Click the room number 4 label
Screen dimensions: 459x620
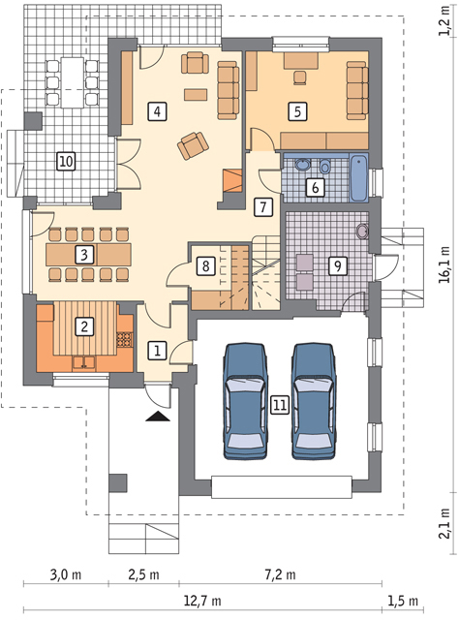(157, 111)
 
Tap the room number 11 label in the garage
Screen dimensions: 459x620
(280, 405)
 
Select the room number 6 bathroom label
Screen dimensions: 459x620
(315, 187)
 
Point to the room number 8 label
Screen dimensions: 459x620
(205, 265)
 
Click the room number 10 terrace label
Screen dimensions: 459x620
(66, 162)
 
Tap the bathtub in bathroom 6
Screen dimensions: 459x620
(359, 177)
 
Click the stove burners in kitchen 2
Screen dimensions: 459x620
(124, 339)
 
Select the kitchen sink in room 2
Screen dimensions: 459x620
(83, 362)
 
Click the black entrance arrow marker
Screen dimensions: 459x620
(157, 417)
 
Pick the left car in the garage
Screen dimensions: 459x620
(246, 401)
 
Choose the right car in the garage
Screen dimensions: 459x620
(314, 401)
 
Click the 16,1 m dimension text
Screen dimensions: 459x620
(444, 264)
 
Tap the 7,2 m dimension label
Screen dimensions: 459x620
(280, 574)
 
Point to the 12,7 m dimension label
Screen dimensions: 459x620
(202, 601)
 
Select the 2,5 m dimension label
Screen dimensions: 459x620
(143, 574)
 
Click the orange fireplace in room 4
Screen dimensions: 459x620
(231, 181)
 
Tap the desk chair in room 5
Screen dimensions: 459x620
(300, 77)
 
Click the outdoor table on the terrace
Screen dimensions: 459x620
(73, 82)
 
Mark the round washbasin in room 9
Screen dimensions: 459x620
(362, 232)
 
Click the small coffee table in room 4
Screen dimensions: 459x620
(196, 95)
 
